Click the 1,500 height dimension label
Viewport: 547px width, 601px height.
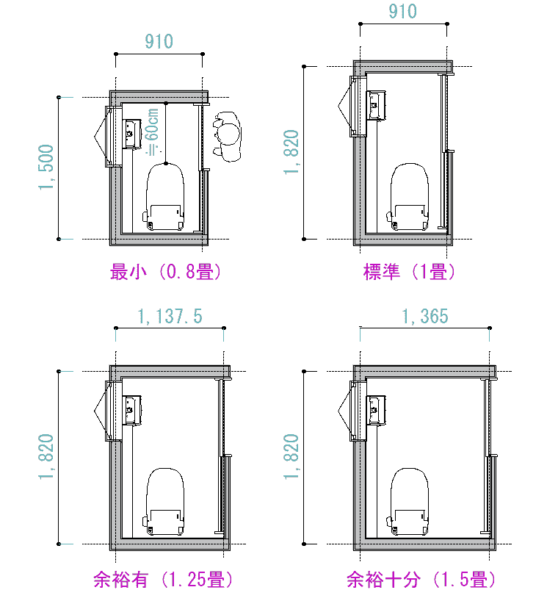[46, 167]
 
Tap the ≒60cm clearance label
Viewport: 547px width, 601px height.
[153, 132]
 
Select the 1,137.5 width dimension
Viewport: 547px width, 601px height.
[170, 317]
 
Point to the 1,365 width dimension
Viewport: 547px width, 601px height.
[425, 317]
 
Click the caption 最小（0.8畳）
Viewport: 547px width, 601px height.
[165, 272]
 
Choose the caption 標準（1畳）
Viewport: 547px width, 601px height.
[409, 272]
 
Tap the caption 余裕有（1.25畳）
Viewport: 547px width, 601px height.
[163, 579]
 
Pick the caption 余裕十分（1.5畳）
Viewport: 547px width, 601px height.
[421, 579]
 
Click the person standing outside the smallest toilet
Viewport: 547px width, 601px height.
[228, 137]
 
